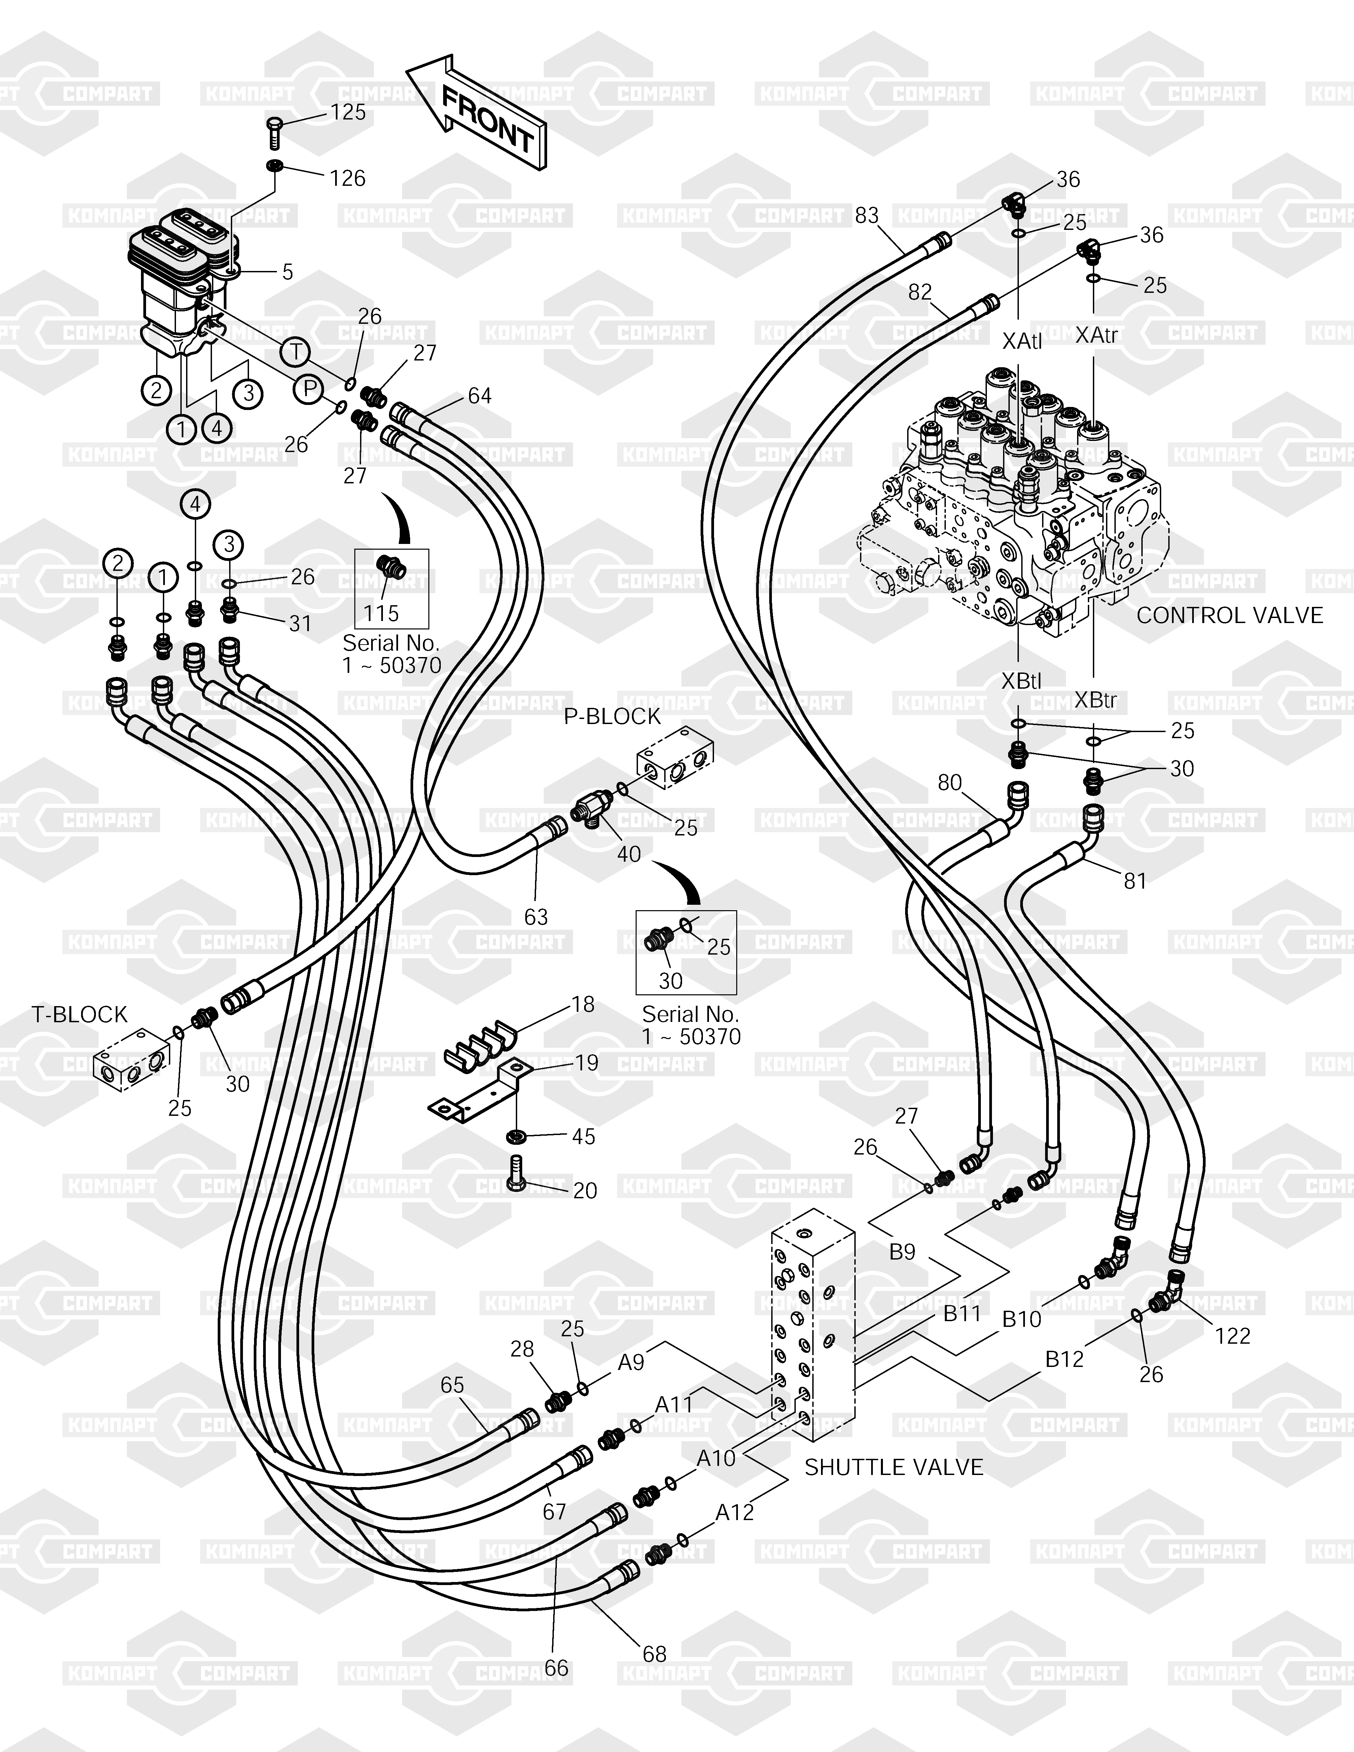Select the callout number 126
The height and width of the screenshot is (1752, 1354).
coord(347,178)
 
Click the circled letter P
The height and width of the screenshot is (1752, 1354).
coord(308,390)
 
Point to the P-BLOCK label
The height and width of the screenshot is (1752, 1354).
coord(612,716)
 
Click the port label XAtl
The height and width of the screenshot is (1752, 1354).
coord(1022,341)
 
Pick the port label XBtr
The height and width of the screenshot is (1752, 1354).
coord(1095,700)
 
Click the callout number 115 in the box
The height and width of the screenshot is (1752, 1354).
coord(381,614)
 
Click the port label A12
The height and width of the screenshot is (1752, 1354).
coord(735,1512)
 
